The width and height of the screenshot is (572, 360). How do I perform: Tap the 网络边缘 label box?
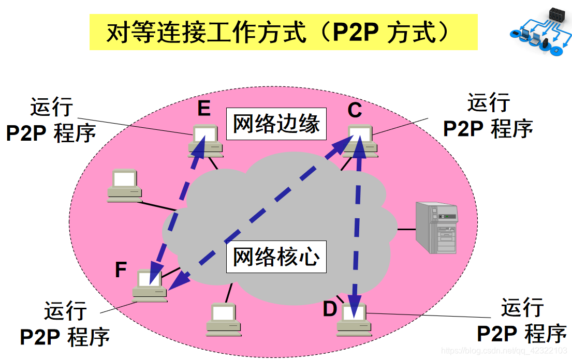[x=276, y=124]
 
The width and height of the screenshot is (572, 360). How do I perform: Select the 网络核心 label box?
[x=276, y=257]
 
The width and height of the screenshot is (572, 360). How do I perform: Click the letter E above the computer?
[x=203, y=109]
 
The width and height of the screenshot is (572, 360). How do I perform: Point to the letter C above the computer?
[x=355, y=110]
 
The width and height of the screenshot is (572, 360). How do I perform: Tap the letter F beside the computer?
[x=121, y=270]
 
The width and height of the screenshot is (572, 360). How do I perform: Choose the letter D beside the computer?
[x=330, y=310]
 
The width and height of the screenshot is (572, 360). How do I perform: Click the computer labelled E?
[x=205, y=141]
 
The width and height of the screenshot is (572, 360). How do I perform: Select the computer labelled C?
[x=360, y=141]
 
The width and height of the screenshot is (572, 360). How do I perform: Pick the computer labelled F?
[x=150, y=286]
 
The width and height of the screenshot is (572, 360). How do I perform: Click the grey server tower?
[x=437, y=228]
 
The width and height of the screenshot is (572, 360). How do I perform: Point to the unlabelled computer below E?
[x=125, y=185]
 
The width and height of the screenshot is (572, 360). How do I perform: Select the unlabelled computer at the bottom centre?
[x=224, y=319]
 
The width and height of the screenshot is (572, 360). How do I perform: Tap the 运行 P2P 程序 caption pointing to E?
[x=51, y=120]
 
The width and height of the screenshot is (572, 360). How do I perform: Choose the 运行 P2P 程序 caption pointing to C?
[x=488, y=117]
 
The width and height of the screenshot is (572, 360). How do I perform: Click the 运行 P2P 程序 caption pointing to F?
[x=65, y=324]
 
